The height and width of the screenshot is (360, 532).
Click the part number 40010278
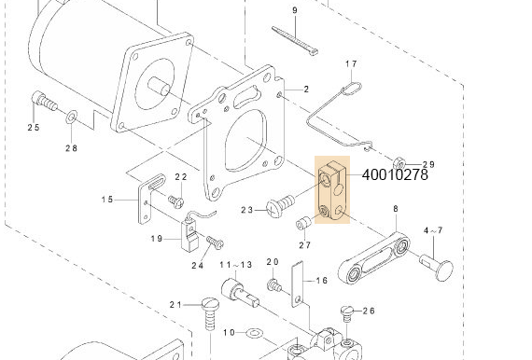(x=394, y=173)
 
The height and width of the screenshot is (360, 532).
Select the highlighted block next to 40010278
(x=331, y=191)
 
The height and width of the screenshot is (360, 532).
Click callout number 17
(x=352, y=64)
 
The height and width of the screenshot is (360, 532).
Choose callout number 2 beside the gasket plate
(x=305, y=90)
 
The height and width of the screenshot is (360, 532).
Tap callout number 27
(x=304, y=245)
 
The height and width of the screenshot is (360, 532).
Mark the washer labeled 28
(x=72, y=118)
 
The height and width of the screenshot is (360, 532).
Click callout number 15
(x=107, y=200)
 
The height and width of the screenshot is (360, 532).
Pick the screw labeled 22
(x=175, y=199)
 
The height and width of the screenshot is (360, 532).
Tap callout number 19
(x=159, y=239)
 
